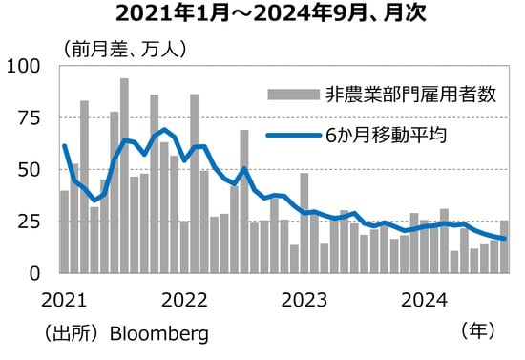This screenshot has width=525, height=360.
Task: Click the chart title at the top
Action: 262,14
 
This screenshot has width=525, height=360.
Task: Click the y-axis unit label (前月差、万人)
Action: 124,48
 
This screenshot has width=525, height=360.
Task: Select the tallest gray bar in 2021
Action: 124,176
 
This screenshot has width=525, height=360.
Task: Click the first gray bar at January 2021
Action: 65,232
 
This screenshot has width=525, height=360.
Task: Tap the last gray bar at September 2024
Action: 504,246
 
